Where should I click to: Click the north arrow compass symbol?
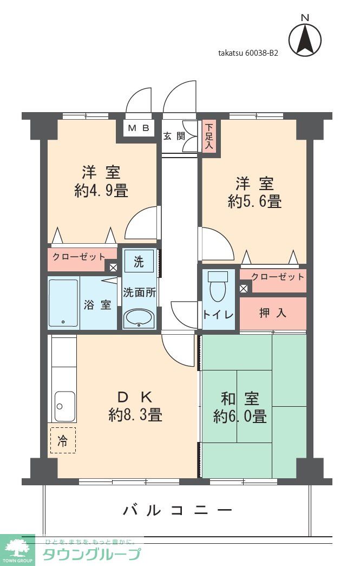click(305, 38)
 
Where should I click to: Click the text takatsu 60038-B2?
click(248, 53)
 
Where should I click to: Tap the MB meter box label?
click(139, 128)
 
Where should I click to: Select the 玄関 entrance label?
click(174, 136)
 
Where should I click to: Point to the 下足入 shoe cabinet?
click(209, 137)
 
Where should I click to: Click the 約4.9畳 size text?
click(101, 191)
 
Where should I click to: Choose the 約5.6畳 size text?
click(254, 201)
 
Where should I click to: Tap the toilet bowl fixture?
click(218, 286)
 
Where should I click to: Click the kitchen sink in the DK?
click(65, 406)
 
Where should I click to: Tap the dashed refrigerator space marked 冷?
click(63, 440)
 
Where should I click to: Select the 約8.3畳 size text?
click(135, 415)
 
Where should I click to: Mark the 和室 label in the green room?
click(240, 399)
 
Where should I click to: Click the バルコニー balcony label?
click(178, 510)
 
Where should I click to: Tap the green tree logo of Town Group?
click(17, 548)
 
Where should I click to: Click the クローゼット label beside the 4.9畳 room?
click(78, 257)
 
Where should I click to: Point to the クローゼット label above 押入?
click(277, 277)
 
